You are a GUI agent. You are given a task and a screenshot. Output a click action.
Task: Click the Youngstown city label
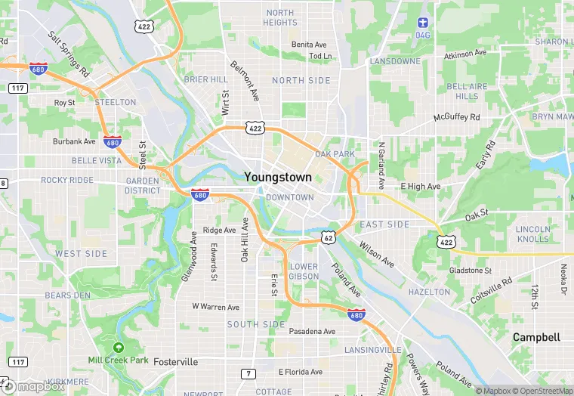[x=278, y=177]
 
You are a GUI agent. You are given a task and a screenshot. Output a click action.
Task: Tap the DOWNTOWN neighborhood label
[x=289, y=197]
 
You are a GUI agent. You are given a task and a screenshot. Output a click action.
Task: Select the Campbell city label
[x=536, y=337]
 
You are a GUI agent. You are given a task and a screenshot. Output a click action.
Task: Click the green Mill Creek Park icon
[x=118, y=347]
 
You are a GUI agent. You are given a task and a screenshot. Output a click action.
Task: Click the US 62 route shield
[x=327, y=237]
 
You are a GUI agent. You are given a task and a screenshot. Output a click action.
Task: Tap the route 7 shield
[x=248, y=373]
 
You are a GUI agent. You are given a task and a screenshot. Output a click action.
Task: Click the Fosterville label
[x=175, y=362]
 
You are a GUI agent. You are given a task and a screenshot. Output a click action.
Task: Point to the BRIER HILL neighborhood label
[x=205, y=79]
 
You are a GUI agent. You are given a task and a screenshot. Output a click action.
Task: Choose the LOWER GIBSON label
[x=304, y=271]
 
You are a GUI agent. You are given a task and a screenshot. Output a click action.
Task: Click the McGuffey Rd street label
[x=456, y=118]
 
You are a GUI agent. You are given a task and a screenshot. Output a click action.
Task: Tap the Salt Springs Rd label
[x=69, y=55]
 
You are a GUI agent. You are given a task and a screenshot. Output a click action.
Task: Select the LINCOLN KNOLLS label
[x=532, y=234]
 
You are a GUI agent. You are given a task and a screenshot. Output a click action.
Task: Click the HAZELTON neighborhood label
[x=429, y=292]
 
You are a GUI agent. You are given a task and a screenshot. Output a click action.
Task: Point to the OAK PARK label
[x=335, y=154]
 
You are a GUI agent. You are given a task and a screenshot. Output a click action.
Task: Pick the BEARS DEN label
[x=67, y=295]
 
